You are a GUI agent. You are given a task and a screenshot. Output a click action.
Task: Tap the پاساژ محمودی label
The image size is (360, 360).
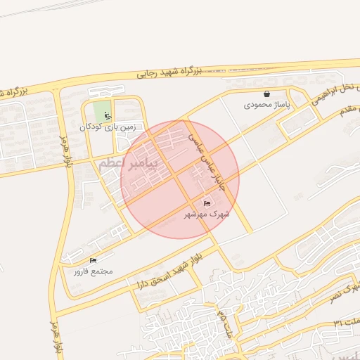(x=266, y=105)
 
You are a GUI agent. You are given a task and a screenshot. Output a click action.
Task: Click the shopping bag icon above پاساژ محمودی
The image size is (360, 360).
(x=266, y=94)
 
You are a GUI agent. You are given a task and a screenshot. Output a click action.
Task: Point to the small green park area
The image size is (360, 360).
(x=102, y=110)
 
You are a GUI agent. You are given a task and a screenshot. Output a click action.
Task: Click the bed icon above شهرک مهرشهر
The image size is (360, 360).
(x=206, y=204)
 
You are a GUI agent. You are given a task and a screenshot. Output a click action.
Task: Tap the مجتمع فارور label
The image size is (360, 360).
(x=92, y=271)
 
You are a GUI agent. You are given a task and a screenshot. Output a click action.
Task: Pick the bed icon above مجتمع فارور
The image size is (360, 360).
(x=93, y=261)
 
